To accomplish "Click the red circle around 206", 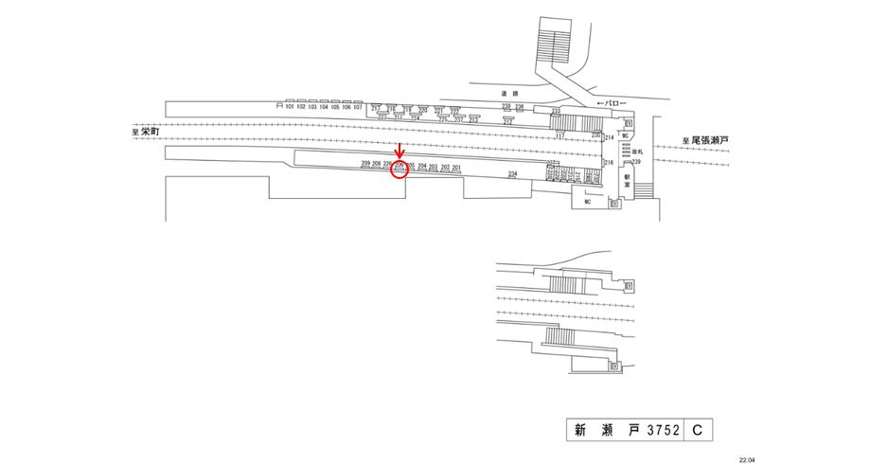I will tap(399, 169).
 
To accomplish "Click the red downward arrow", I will tap(399, 152).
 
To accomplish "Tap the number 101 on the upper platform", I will tap(290, 107).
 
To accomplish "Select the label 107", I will tap(358, 107).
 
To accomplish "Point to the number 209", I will tap(366, 165).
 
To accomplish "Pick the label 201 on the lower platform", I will tap(456, 168).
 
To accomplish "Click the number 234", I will tap(512, 174).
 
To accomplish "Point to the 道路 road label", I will tap(510, 94).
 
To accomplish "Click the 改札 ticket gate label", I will tap(637, 152).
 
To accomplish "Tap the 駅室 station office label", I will tap(627, 180).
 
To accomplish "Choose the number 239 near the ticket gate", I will tap(637, 163).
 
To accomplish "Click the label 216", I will tap(610, 163).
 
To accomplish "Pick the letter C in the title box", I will tap(696, 431).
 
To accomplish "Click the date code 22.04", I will tap(747, 459).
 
